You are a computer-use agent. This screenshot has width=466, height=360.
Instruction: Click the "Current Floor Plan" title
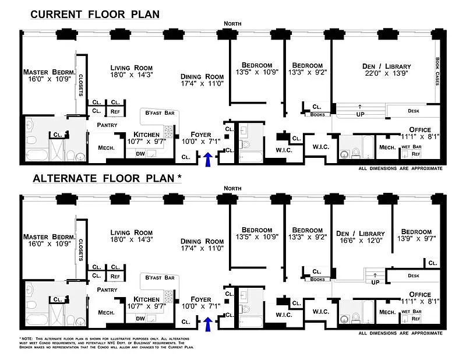[95, 13]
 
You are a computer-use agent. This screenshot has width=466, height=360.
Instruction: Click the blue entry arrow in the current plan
[207, 157]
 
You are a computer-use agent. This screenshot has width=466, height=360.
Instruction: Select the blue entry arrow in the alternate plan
[207, 322]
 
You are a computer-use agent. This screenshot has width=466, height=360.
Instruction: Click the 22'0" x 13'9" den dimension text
[386, 74]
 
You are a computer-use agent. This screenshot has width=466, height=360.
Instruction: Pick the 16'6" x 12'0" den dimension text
[360, 239]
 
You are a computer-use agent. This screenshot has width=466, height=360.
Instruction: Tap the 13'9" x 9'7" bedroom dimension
[415, 239]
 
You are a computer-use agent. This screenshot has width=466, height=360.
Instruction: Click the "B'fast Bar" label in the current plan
[160, 113]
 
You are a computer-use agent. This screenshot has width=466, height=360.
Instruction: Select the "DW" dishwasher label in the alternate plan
[140, 319]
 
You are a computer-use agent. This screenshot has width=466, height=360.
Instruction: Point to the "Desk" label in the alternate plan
[414, 276]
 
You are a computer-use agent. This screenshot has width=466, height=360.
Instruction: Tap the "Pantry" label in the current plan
[107, 125]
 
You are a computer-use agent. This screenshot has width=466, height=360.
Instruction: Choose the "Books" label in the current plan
[317, 115]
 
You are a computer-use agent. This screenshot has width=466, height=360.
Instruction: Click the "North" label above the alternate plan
[232, 188]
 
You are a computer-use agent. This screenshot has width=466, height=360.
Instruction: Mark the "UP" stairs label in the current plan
[359, 114]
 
